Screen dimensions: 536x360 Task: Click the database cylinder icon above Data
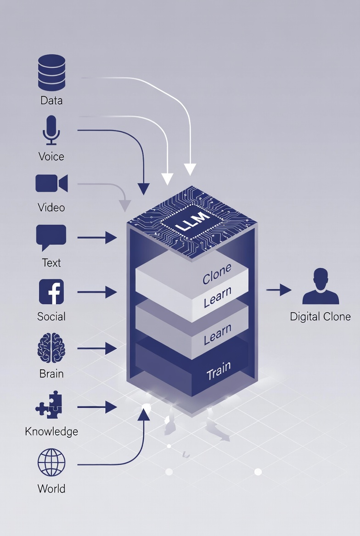click(x=51, y=73)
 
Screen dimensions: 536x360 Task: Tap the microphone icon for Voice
click(x=51, y=130)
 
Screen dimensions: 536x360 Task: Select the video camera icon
click(x=51, y=183)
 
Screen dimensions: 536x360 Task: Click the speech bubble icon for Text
click(x=51, y=237)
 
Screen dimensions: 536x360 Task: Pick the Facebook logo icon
click(x=51, y=292)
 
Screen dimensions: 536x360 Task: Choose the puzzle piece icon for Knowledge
click(x=50, y=405)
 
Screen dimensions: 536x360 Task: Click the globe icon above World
click(x=51, y=463)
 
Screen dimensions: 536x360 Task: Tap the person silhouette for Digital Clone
click(x=321, y=287)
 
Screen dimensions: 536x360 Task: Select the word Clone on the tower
click(x=217, y=274)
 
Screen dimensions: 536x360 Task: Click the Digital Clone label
click(x=321, y=317)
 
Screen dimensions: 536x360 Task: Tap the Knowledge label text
click(x=51, y=431)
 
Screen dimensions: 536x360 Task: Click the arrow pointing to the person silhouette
click(x=279, y=290)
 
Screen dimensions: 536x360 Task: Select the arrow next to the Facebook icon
click(x=97, y=291)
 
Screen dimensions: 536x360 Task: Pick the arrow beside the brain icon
click(x=97, y=349)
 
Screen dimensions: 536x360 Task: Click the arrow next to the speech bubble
click(x=97, y=237)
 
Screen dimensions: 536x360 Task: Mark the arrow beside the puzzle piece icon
click(x=97, y=407)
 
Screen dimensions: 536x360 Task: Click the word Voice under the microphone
click(x=51, y=156)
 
